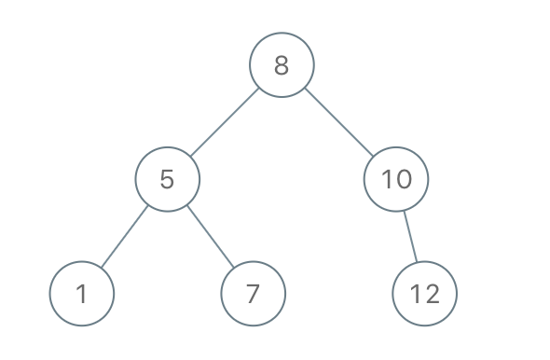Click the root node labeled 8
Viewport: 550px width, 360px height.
coord(282,65)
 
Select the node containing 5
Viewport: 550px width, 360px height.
coord(167,179)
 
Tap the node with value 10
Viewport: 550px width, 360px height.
coord(396,179)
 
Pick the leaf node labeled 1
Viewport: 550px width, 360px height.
coord(82,294)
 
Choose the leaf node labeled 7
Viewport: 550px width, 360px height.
coord(253,294)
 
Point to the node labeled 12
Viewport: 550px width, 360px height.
coord(425,294)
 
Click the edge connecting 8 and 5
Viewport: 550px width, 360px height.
coord(224,122)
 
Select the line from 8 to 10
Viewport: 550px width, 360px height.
coord(339,122)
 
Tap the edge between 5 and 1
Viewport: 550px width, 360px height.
coord(125,236)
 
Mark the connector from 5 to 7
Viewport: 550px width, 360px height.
coord(210,236)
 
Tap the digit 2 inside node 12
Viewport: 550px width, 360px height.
coord(432,294)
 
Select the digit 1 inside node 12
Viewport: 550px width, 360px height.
coord(417,294)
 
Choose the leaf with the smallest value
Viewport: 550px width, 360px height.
coord(82,294)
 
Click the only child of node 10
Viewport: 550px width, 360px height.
coord(425,294)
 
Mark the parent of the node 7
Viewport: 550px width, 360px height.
coord(167,179)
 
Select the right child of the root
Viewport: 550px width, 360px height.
coord(396,179)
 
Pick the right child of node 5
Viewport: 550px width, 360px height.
coord(253,294)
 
